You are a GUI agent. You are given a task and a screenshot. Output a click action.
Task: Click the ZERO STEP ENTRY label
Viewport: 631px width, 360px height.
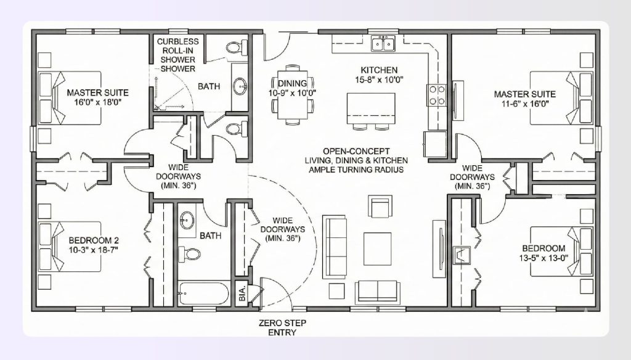(282, 327)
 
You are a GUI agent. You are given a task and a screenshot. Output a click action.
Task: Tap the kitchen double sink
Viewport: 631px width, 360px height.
(384, 44)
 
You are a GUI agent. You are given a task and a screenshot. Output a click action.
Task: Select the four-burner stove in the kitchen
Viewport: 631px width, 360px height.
(437, 95)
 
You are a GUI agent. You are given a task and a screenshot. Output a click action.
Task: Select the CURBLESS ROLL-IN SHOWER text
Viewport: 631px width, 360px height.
(178, 55)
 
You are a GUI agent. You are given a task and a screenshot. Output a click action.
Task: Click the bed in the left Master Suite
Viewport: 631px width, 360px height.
(61, 97)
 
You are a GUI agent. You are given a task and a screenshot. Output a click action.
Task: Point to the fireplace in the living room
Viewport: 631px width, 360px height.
(460, 255)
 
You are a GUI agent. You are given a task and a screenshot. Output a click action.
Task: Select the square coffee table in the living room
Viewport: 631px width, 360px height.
(377, 247)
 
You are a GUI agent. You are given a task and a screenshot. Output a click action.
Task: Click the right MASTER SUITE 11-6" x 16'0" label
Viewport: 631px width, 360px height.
(524, 99)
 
